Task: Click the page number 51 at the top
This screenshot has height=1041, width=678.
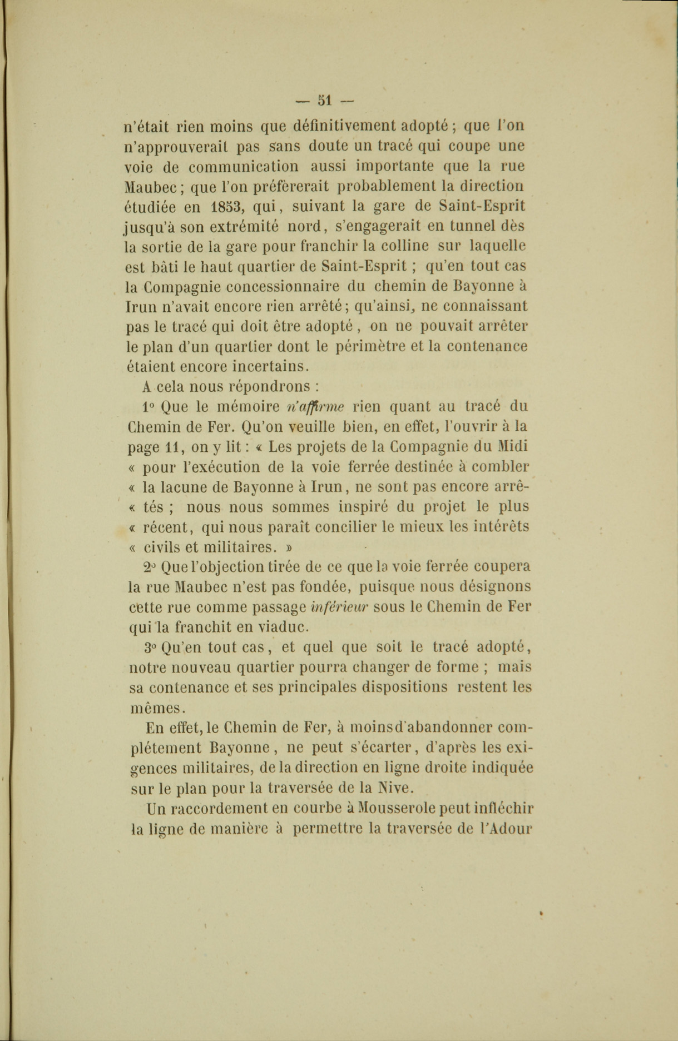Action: [324, 101]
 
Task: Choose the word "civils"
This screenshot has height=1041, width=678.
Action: [162, 547]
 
